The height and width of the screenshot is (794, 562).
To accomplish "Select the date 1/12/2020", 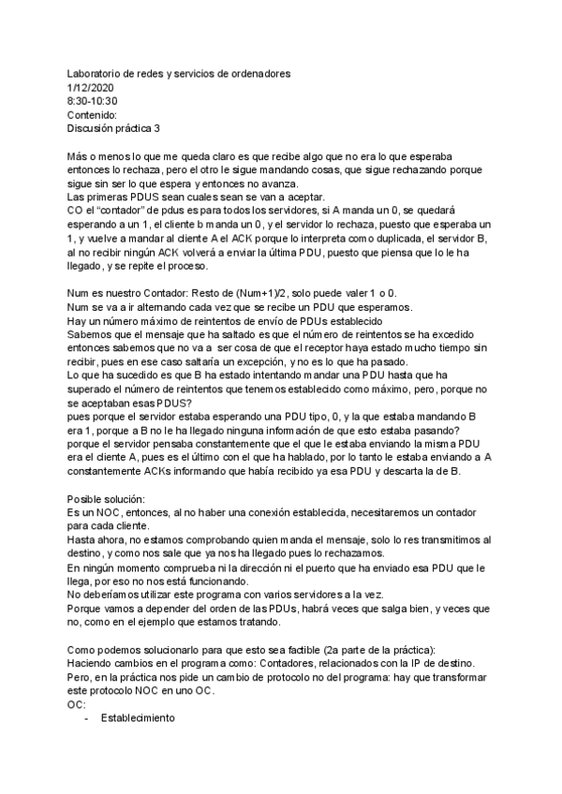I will click(x=91, y=87).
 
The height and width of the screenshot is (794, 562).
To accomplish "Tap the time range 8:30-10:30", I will click(x=93, y=101).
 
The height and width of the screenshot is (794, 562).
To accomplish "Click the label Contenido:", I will click(x=93, y=115).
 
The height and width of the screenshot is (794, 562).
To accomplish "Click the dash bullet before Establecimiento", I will click(x=87, y=723).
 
